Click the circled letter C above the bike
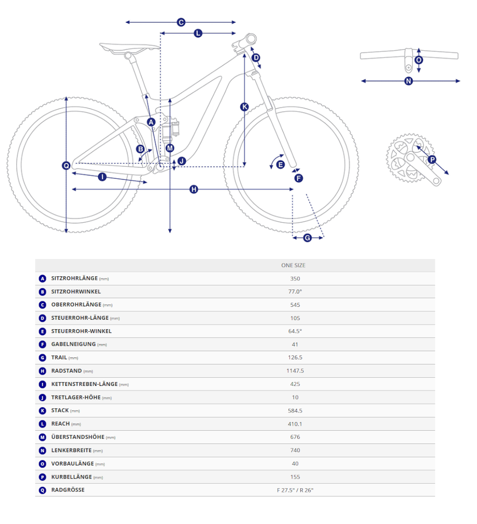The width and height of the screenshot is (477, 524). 181,22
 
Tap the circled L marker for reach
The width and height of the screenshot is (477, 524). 198,34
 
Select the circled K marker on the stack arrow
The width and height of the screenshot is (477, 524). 245,107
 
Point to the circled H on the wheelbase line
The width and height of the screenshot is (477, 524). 194,190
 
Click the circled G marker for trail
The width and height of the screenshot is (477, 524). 307,238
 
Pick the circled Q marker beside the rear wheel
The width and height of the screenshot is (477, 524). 66,166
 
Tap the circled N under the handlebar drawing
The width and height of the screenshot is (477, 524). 409,81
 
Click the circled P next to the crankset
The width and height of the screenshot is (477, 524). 432,160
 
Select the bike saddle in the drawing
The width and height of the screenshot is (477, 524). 130,48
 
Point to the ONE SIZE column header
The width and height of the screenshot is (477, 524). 293,266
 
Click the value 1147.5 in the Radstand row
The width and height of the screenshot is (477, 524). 295,371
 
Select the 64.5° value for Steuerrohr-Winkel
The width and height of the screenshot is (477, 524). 295,331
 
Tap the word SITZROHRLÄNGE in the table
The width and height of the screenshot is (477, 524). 74,278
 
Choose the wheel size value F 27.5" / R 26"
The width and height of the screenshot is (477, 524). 295,490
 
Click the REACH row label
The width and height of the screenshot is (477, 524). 61,424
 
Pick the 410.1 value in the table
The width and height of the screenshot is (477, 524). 295,424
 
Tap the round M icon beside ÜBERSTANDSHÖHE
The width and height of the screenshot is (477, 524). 42,437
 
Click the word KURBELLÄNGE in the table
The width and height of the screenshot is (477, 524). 71,477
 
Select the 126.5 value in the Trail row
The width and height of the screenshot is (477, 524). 295,358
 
